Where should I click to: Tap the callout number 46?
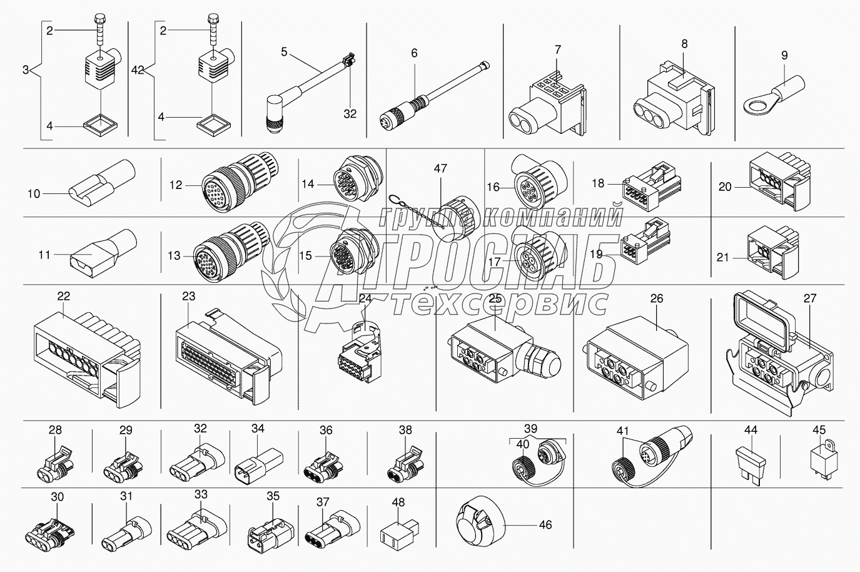click(545, 524)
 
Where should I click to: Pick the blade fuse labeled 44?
click(751, 466)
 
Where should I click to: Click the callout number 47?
click(440, 168)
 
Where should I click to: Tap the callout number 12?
click(176, 185)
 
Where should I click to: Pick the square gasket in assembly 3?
click(101, 125)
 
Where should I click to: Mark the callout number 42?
click(138, 70)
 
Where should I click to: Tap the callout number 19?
click(596, 254)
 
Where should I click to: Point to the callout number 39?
click(531, 428)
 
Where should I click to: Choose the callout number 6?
click(414, 53)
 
